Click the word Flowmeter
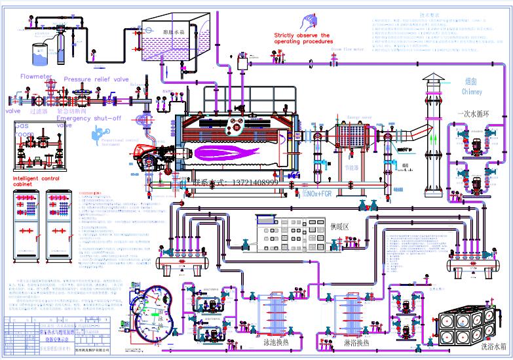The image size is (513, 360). pos(35,76)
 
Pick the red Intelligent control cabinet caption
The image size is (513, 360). pos(41,180)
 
